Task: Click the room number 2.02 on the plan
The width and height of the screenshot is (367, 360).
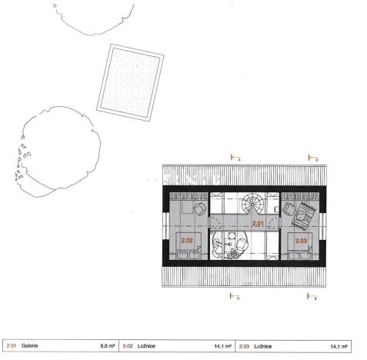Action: point(187,240)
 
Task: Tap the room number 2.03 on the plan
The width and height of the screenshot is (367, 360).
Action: point(301,240)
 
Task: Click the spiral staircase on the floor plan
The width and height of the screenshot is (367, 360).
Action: point(252,206)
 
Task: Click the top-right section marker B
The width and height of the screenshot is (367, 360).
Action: point(312,158)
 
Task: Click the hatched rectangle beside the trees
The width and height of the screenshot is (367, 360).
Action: point(134,81)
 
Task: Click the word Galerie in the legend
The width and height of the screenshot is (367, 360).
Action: point(31,345)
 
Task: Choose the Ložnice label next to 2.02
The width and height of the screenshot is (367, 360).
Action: point(149,345)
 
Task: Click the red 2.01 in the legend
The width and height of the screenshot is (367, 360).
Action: point(11,345)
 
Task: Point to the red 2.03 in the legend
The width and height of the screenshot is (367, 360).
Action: point(244,345)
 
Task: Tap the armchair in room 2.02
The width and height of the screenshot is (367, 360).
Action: point(199,208)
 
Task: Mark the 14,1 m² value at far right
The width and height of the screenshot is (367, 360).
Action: point(339,345)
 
